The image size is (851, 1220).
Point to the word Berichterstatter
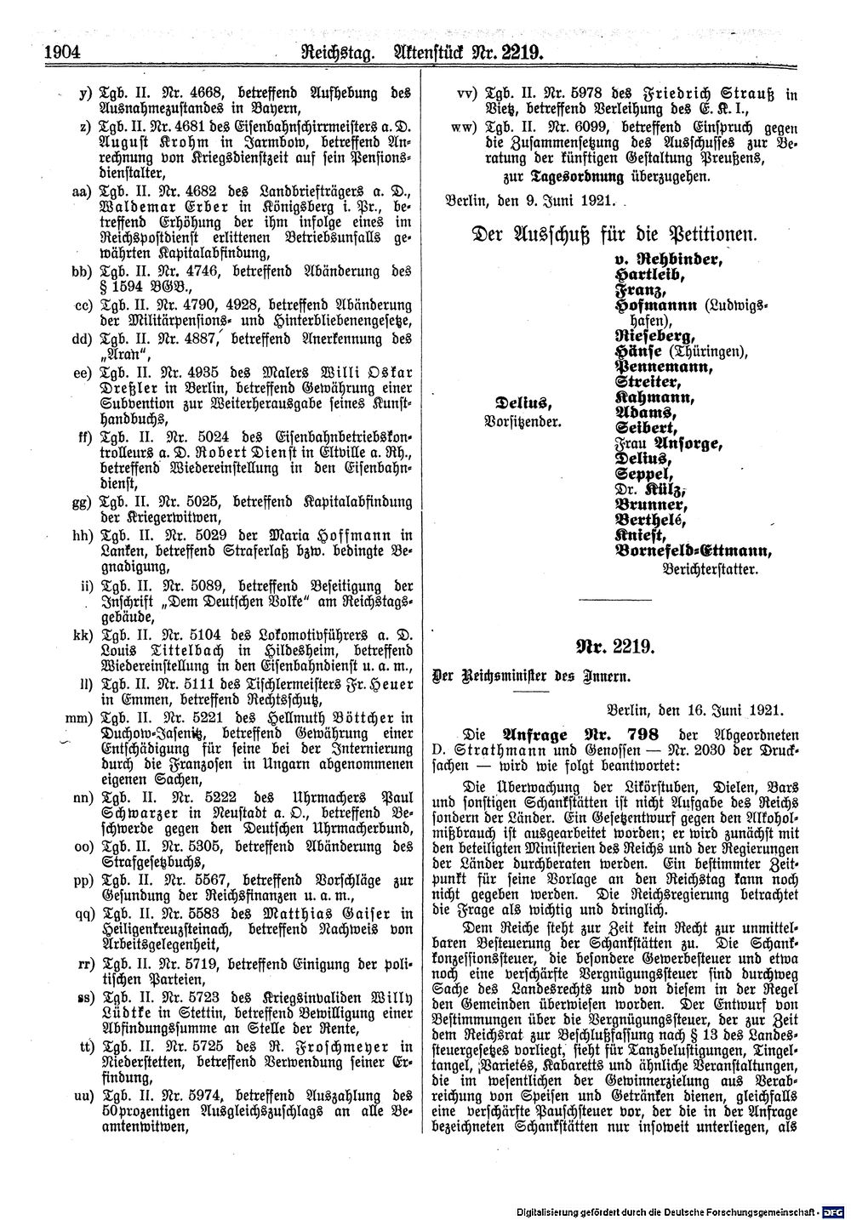[710, 567]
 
